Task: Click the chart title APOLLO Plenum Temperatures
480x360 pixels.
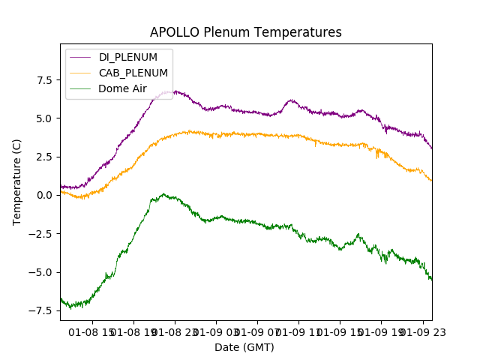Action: coord(245,32)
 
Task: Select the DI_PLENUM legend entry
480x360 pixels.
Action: coord(127,57)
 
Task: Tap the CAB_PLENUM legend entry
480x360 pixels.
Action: coord(133,73)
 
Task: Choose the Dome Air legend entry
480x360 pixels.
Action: coord(122,88)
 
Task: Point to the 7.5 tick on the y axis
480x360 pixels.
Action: coord(43,80)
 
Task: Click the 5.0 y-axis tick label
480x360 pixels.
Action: coord(43,118)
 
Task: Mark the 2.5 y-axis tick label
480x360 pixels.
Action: coord(43,157)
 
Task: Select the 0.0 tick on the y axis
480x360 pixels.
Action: coord(43,195)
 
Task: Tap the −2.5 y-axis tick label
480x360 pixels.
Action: coord(40,234)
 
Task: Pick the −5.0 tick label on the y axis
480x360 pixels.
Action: coord(40,272)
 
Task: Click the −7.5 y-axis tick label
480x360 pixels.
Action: coord(40,310)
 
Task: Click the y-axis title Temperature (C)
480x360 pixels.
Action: coord(16,182)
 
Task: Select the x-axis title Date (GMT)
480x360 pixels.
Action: coord(244,347)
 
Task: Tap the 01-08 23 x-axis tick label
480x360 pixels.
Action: coord(175,331)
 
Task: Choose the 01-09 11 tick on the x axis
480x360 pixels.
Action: coord(298,331)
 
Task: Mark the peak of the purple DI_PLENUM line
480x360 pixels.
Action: coord(175,91)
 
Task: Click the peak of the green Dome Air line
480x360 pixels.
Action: coord(163,193)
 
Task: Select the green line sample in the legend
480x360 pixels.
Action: coord(81,88)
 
